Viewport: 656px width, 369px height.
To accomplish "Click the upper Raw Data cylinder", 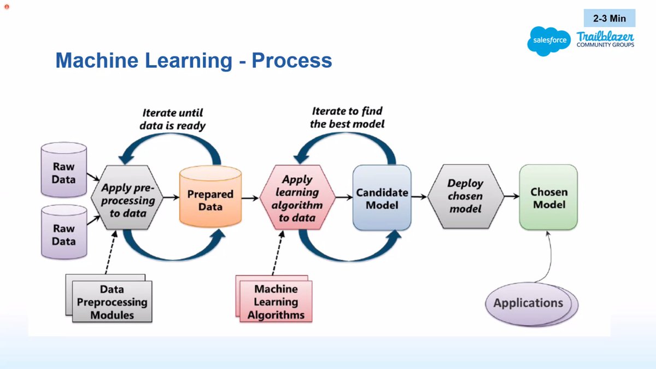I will tap(65, 172).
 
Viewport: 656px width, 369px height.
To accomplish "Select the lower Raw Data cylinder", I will tap(65, 233).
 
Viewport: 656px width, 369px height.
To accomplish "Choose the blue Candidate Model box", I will tap(382, 198).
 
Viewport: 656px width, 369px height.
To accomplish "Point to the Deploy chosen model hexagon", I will tap(465, 197).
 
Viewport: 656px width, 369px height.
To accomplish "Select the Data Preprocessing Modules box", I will tap(112, 302).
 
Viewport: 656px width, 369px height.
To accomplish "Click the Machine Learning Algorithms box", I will tap(276, 302).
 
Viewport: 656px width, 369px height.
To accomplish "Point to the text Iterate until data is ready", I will tap(172, 119).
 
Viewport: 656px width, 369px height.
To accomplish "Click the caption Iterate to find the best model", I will tap(347, 118).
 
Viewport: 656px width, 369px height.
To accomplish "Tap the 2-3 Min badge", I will tap(609, 18).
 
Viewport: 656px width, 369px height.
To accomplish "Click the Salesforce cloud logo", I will tap(548, 41).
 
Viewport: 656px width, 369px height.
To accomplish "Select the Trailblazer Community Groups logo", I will tap(605, 39).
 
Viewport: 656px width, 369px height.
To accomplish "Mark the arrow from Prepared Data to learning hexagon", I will tap(251, 198).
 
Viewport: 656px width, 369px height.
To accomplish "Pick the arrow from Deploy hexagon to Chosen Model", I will tap(509, 196).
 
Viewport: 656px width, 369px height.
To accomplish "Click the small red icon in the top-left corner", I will tap(7, 6).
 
